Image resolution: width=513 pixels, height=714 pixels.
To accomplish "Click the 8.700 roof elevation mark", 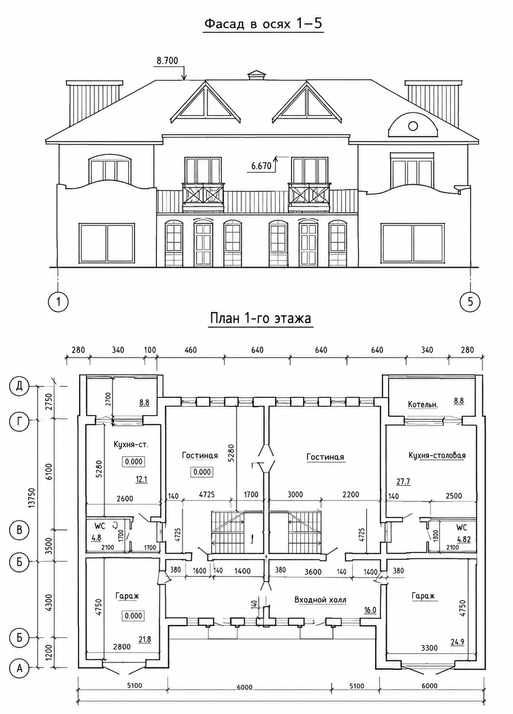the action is pyautogui.click(x=167, y=60).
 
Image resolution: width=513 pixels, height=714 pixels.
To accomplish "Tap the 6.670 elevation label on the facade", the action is pyautogui.click(x=261, y=166).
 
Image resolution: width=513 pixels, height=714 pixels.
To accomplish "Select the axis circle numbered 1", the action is pyautogui.click(x=58, y=301).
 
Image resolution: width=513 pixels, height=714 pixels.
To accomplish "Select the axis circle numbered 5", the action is pyautogui.click(x=471, y=301).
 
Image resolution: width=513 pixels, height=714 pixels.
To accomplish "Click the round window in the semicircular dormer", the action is pyautogui.click(x=413, y=126).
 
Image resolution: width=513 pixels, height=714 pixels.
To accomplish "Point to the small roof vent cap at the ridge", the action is pyautogui.click(x=257, y=75).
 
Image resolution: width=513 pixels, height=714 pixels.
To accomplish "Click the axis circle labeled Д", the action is pyautogui.click(x=19, y=387).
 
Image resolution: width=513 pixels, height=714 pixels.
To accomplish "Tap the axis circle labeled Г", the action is pyautogui.click(x=19, y=422).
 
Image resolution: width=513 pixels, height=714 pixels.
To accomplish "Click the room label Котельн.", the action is pyautogui.click(x=422, y=405).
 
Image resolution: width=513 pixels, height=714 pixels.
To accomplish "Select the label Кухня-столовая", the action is pyautogui.click(x=437, y=456).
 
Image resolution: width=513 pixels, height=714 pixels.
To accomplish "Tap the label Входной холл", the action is pyautogui.click(x=320, y=600).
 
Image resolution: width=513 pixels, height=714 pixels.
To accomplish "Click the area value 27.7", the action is pyautogui.click(x=403, y=482).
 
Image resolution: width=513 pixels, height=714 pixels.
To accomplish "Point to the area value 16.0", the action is pyautogui.click(x=370, y=610).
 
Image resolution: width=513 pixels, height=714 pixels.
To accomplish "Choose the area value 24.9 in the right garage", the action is pyautogui.click(x=458, y=642).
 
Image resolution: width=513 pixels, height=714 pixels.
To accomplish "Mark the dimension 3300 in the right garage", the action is pyautogui.click(x=429, y=648).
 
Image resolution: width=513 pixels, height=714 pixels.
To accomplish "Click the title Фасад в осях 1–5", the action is pyautogui.click(x=263, y=24).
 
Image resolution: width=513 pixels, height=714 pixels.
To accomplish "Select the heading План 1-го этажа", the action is pyautogui.click(x=260, y=319).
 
